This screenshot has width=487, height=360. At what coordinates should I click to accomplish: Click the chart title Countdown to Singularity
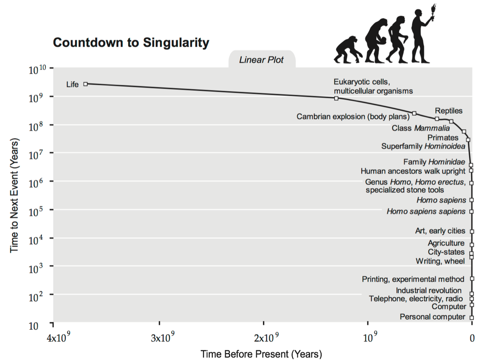(131, 43)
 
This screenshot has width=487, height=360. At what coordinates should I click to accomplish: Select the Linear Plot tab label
(261, 60)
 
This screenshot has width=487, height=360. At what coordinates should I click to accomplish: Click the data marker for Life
(85, 84)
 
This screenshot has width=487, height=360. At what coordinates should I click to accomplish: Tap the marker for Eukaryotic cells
(336, 98)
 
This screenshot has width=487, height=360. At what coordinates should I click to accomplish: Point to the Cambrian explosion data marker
(414, 113)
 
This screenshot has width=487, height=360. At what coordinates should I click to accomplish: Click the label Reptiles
(448, 111)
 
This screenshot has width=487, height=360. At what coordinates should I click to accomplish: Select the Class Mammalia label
(420, 128)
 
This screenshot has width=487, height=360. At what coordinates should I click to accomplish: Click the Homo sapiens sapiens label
(426, 211)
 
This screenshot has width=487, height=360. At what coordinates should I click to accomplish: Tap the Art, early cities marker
(472, 231)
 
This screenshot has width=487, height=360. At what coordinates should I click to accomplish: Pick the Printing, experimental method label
(413, 279)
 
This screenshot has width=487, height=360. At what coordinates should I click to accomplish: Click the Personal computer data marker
(472, 318)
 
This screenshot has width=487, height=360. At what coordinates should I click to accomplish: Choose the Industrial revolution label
(428, 290)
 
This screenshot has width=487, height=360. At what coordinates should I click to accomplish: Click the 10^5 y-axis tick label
(36, 211)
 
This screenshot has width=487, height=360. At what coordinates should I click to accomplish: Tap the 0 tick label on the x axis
(472, 338)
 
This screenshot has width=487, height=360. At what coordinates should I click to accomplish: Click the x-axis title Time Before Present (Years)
(261, 354)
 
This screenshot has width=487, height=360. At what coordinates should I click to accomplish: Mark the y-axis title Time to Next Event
(14, 195)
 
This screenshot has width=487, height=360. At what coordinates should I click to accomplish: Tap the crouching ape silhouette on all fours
(347, 50)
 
